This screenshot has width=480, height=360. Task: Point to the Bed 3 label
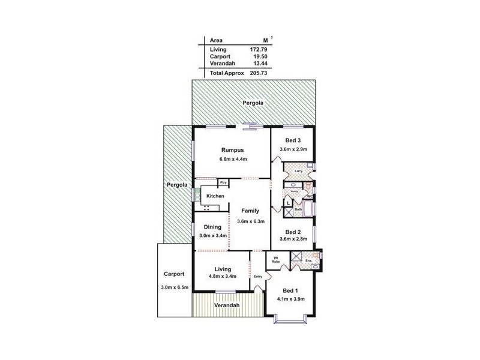[x=293, y=140]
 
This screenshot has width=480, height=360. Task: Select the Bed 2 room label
[x=293, y=231]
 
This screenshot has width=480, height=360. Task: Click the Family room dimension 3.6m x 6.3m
[x=250, y=221]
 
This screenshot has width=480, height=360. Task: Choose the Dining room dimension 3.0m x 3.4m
[x=212, y=235]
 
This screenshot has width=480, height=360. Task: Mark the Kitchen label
[x=215, y=196]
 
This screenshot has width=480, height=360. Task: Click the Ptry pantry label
[x=223, y=182]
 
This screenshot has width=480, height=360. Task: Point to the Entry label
[x=258, y=276]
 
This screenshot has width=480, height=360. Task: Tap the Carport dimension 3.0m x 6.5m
[x=175, y=287]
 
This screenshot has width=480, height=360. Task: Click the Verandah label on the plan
[x=227, y=305]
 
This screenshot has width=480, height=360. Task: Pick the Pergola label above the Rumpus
[x=253, y=103]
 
